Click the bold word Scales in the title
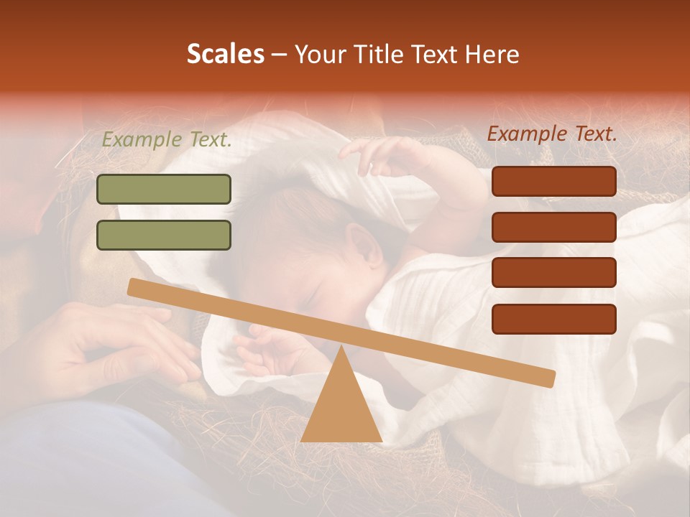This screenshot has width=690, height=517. coord(225,55)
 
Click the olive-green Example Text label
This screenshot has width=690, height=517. coord(167,140)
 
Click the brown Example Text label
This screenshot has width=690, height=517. coord(552,134)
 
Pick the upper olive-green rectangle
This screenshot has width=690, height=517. coord(164,189)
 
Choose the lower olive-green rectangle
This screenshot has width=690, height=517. coord(164,235)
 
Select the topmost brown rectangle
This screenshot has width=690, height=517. coord(553,181)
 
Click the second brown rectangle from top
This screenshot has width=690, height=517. coord(553,227)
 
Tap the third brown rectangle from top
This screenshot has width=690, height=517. coord(553,273)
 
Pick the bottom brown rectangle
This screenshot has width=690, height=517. coord(553,319)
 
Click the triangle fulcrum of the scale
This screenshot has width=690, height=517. coord(341,402)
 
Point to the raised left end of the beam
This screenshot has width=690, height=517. coord(137,287)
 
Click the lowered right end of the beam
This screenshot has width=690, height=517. coord(546,378)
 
